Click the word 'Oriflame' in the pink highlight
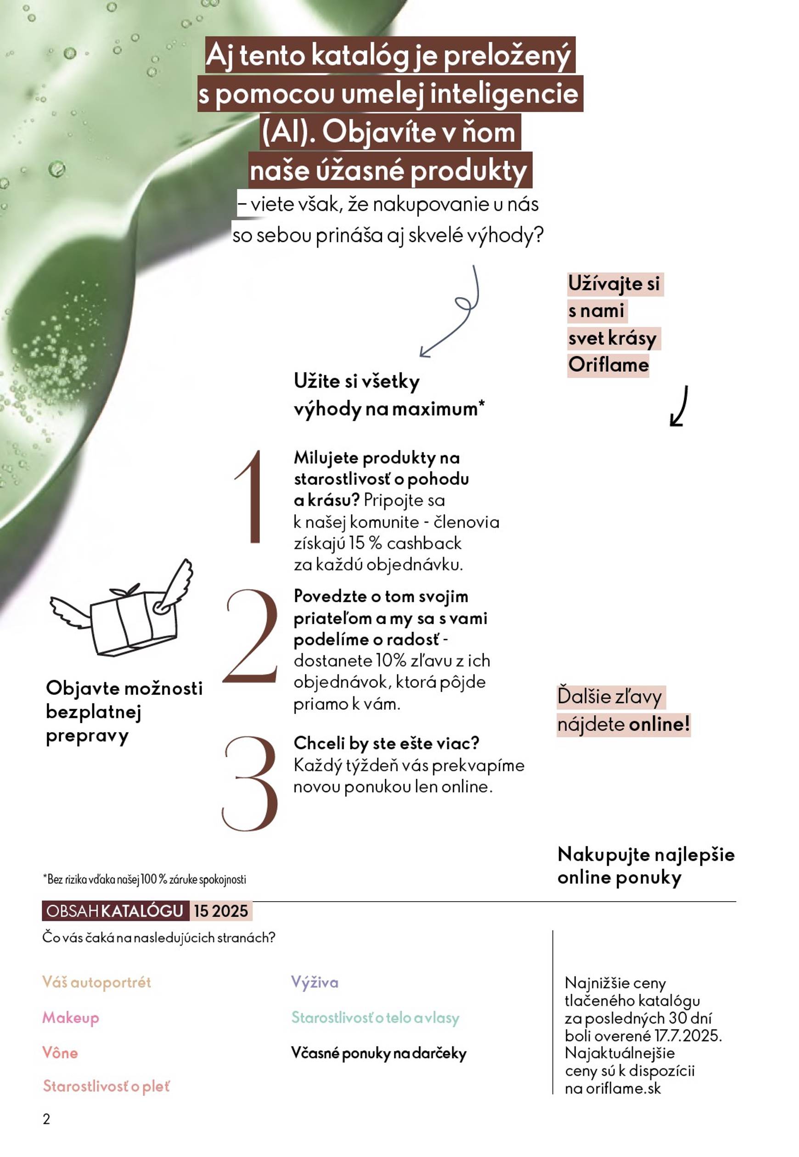click(608, 365)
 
